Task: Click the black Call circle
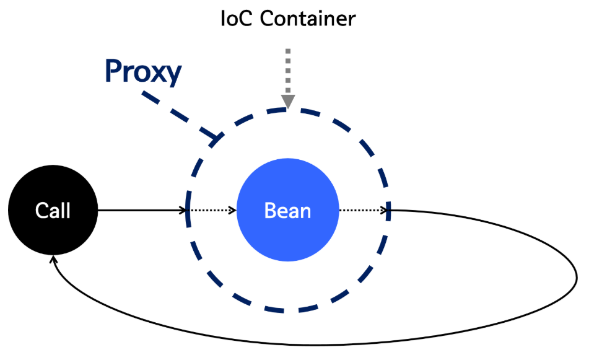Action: pyautogui.click(x=53, y=211)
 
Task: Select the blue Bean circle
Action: pyautogui.click(x=288, y=211)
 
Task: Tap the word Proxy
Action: pyautogui.click(x=143, y=72)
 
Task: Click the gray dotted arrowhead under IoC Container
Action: pyautogui.click(x=288, y=102)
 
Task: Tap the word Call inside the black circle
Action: pyautogui.click(x=53, y=211)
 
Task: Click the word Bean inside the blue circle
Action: pyautogui.click(x=288, y=211)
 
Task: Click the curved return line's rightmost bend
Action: pyautogui.click(x=577, y=273)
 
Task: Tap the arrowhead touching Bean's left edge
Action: pyautogui.click(x=235, y=211)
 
